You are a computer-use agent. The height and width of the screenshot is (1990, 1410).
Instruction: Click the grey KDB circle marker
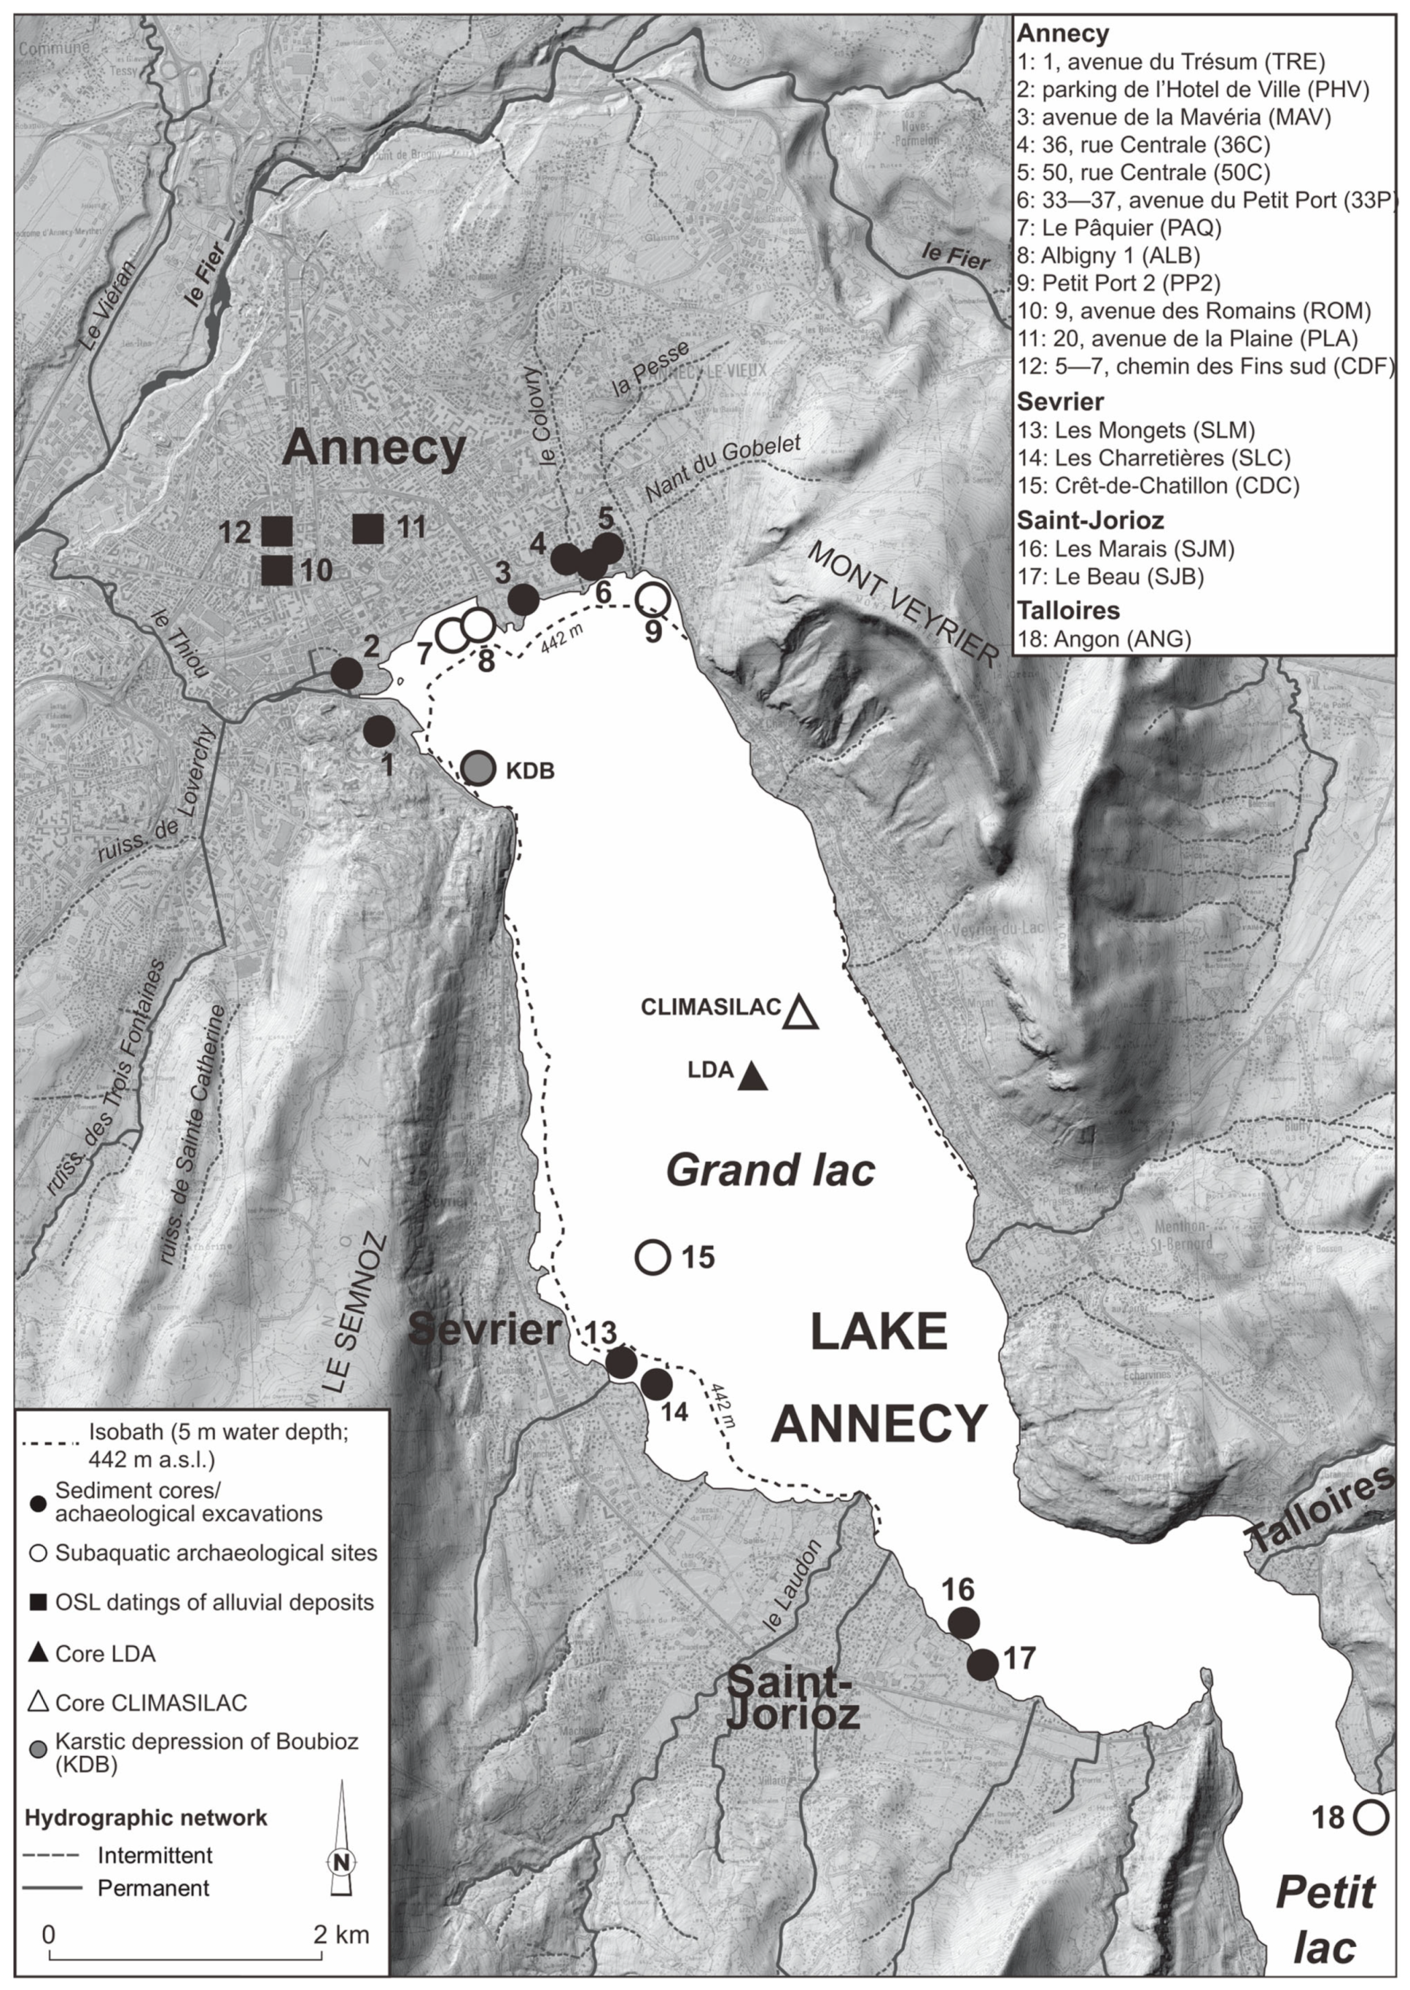(x=476, y=768)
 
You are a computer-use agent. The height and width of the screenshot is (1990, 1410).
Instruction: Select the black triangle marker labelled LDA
(x=752, y=1079)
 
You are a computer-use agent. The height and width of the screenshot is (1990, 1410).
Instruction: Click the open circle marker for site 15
(x=652, y=1256)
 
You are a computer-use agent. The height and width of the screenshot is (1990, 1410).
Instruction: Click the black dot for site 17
(x=983, y=1665)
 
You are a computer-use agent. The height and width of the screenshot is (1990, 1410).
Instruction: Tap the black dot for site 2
(x=346, y=673)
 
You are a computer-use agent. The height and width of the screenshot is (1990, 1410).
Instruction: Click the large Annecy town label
(x=374, y=449)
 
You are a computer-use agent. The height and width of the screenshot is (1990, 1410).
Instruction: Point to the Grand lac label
(x=770, y=1170)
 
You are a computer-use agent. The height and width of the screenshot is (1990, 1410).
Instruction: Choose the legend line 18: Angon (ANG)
(x=1104, y=639)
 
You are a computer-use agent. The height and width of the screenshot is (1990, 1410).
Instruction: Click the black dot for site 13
(x=621, y=1362)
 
